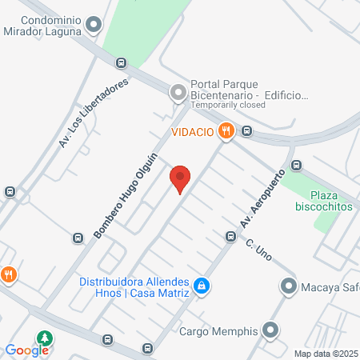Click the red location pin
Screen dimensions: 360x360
click(181, 178)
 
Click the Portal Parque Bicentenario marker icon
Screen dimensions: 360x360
click(178, 94)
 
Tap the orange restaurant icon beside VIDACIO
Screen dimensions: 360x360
click(226, 131)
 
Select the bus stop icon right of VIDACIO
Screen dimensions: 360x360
click(247, 131)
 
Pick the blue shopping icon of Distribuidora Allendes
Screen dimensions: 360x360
click(203, 286)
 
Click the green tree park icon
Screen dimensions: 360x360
click(45, 338)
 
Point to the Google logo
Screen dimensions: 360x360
click(27, 350)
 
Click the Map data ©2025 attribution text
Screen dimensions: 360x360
click(326, 354)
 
